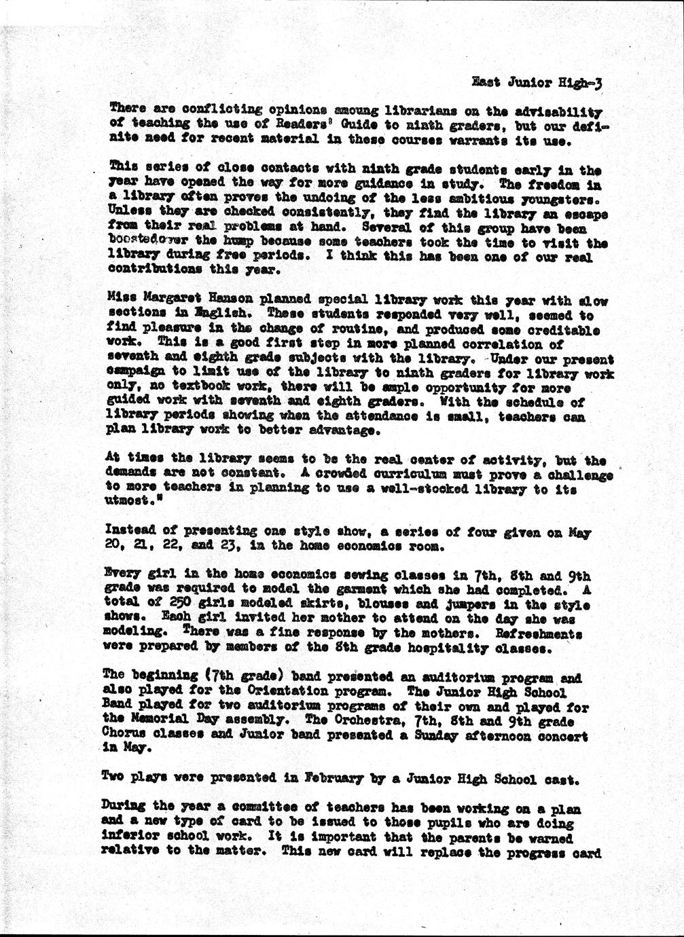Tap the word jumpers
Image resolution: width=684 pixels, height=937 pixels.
click(x=467, y=605)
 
